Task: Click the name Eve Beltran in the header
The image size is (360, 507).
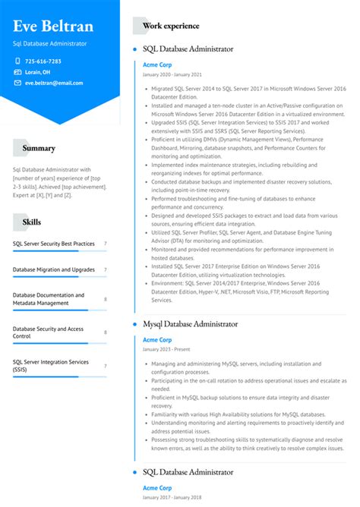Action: [x=53, y=27]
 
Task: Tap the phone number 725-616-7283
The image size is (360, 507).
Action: [x=43, y=61]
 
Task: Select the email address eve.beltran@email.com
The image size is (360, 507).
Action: [x=54, y=83]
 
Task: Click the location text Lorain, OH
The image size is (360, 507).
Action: [x=38, y=72]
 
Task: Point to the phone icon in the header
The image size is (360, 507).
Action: [x=17, y=61]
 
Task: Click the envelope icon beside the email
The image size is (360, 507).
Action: [x=17, y=83]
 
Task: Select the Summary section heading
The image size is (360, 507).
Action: [x=39, y=148]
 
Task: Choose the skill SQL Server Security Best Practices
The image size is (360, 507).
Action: [x=54, y=244]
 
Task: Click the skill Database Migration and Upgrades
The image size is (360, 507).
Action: [x=54, y=269]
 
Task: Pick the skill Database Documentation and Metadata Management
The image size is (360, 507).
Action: [x=49, y=299]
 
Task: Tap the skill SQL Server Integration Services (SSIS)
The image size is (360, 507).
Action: [x=51, y=366]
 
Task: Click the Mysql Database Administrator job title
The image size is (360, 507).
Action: [x=191, y=324]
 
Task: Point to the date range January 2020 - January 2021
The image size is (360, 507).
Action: [x=172, y=74]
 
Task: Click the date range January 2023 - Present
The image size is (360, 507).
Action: [x=167, y=349]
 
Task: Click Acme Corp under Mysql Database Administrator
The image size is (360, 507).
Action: [x=157, y=339]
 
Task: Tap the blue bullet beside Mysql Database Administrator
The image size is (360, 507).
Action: [x=134, y=324]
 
